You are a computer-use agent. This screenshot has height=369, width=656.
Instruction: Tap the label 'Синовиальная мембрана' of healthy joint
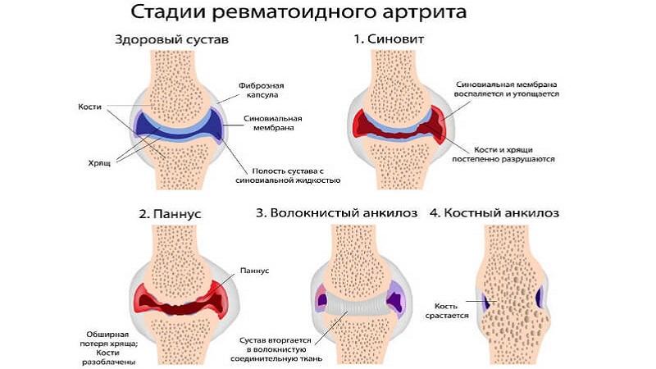(270, 123)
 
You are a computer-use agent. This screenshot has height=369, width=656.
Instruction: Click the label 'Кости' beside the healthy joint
(89, 107)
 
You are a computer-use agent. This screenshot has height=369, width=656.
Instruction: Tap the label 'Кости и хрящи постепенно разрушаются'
(516, 154)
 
